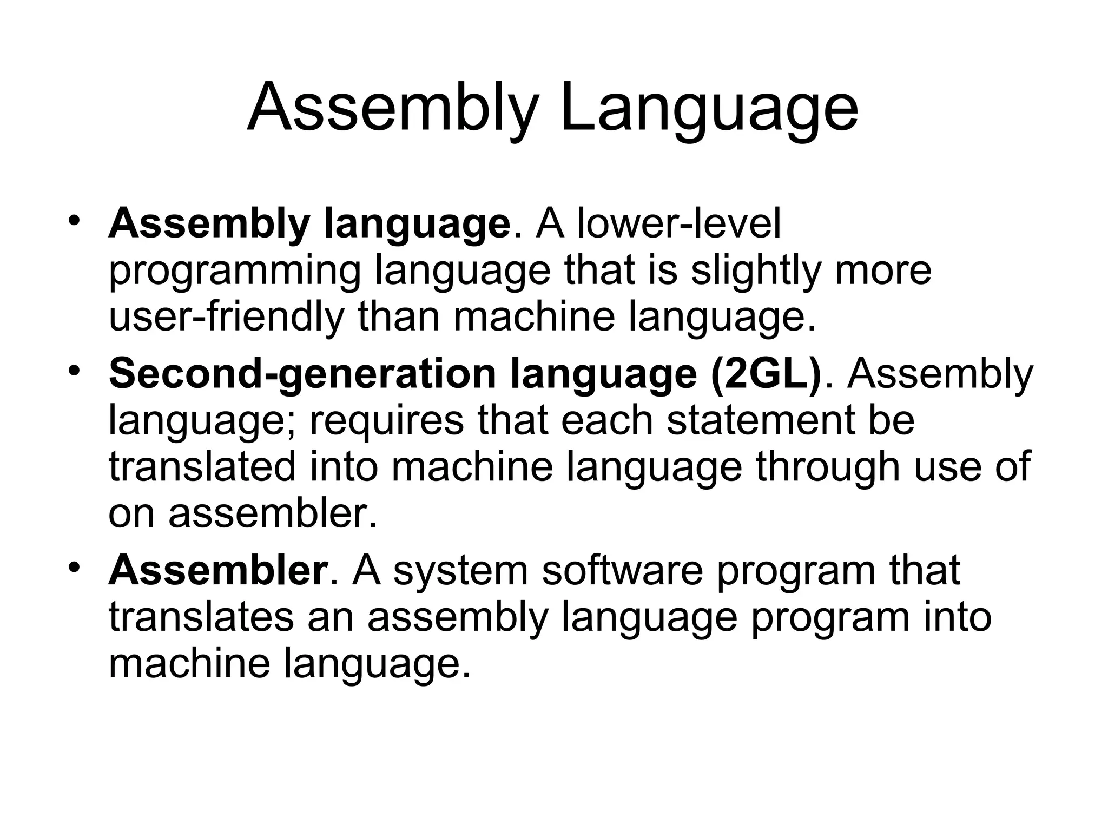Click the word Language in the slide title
click(709, 108)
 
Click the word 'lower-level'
click(679, 223)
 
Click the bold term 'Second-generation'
click(302, 374)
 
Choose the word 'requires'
click(386, 421)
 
